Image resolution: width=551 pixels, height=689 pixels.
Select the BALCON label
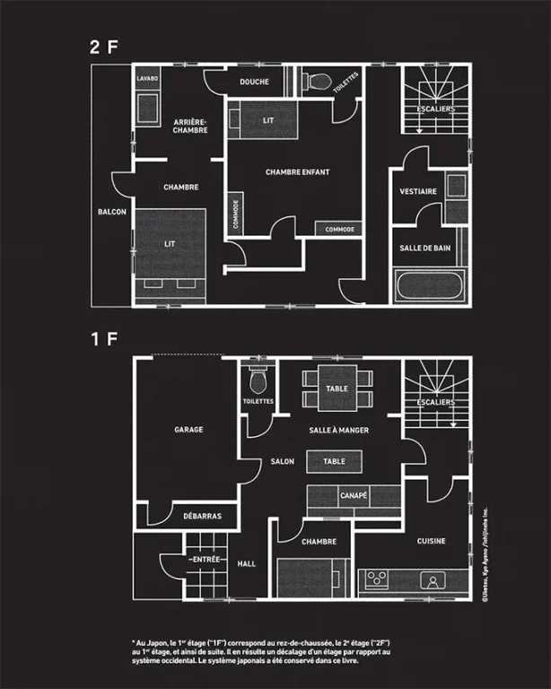click(112, 212)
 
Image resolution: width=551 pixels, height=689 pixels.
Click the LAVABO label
click(148, 79)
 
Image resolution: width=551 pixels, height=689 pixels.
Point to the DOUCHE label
click(255, 82)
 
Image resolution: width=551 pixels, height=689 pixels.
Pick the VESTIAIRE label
click(418, 191)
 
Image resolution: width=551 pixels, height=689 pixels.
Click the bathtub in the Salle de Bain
click(430, 289)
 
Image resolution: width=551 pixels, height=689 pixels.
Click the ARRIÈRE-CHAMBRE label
click(190, 126)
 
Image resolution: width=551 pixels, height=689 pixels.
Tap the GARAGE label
click(188, 430)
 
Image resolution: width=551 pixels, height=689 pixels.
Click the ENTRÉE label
click(206, 559)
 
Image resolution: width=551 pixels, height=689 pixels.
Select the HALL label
click(247, 563)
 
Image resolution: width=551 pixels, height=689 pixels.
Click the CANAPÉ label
click(353, 495)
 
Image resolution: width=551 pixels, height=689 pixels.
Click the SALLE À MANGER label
click(339, 431)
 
